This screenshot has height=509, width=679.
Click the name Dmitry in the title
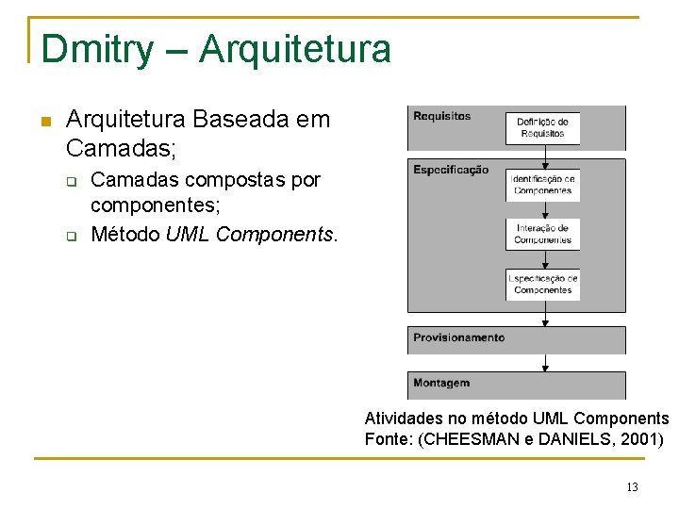coord(95,49)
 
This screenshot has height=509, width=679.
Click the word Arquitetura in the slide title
coord(294,49)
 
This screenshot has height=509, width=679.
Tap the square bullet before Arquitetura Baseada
coord(44,121)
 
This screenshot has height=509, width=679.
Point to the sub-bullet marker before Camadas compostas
coord(69,180)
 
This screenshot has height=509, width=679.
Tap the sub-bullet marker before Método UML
coord(69,235)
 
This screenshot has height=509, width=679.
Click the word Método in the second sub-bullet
coord(125,233)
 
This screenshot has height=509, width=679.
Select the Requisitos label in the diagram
coord(441,116)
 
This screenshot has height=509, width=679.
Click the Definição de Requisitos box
coord(542,128)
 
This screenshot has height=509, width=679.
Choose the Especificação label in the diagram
coord(451,171)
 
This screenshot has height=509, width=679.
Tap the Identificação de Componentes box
coord(542,185)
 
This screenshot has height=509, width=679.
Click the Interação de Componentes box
coord(542,234)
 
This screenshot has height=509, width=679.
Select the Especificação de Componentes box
coord(542,284)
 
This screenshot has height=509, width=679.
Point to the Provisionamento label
coord(458,337)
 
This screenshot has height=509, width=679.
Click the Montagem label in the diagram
coord(441,383)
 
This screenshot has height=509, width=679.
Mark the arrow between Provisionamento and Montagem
coord(545,363)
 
